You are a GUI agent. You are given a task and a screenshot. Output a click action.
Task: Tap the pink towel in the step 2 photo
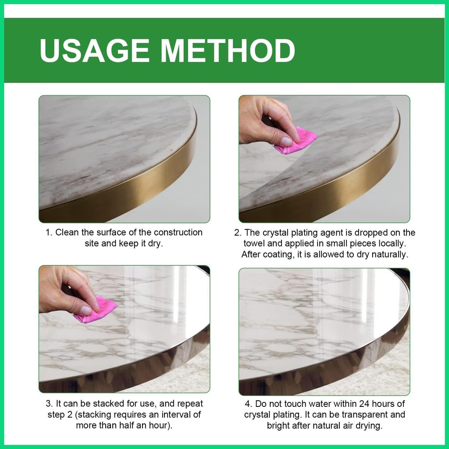click(x=295, y=140)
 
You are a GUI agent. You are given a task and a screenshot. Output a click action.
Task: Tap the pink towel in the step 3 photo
click(x=95, y=309)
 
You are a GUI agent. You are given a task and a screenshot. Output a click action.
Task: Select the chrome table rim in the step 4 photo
click(x=329, y=369)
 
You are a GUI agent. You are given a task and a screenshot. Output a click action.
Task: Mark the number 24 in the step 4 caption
click(x=362, y=404)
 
